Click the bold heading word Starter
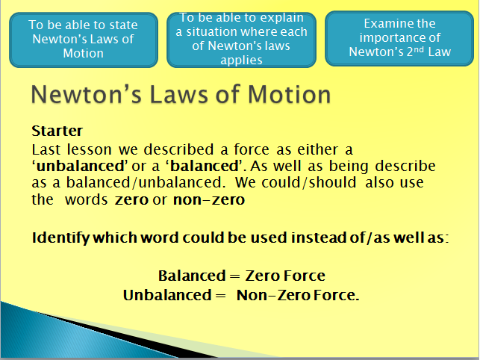[x=57, y=131]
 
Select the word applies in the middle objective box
[x=241, y=60]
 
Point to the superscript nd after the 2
[x=419, y=49]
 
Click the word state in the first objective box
[x=123, y=25]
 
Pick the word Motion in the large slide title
[x=290, y=94]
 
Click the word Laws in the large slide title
[x=178, y=94]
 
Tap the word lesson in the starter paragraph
[x=90, y=150]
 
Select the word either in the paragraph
[x=318, y=150]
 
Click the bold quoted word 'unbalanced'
[x=80, y=166]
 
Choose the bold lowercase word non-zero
[x=209, y=200]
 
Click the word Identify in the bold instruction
[x=60, y=238]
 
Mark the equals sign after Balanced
[x=235, y=276]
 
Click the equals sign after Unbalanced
[x=220, y=296]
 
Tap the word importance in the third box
[x=400, y=37]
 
